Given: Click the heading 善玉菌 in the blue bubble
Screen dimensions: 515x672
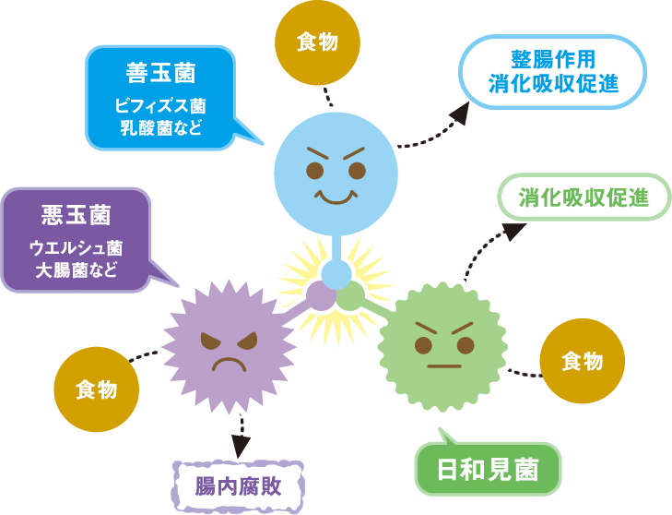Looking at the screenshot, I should (x=161, y=72).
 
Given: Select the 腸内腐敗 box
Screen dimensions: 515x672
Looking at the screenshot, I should (x=238, y=486).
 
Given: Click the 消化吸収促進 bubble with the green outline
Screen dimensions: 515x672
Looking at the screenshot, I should (x=583, y=198).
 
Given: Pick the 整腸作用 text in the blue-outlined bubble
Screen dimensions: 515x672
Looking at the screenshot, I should (x=552, y=57).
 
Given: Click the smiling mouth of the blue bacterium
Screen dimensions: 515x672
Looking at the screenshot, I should (x=336, y=198).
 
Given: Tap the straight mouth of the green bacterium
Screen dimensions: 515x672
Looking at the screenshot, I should (x=444, y=365).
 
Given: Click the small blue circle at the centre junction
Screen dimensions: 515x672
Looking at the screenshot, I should (x=336, y=274).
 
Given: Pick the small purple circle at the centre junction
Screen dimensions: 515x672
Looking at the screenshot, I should (x=321, y=296).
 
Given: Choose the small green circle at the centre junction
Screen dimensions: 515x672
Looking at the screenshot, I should (x=351, y=296).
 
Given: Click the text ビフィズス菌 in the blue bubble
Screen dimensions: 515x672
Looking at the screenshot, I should (x=161, y=104).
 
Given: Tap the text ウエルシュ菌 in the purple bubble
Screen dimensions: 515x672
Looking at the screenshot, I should (x=77, y=246).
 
